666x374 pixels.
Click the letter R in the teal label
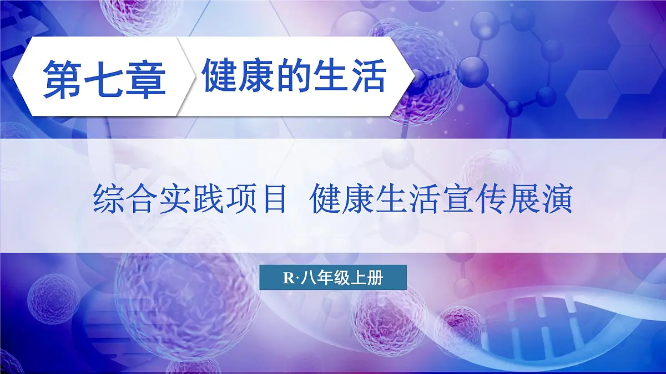tap(289, 279)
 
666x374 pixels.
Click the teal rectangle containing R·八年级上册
tap(333, 278)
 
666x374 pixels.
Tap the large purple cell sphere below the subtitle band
tap(189, 299)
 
